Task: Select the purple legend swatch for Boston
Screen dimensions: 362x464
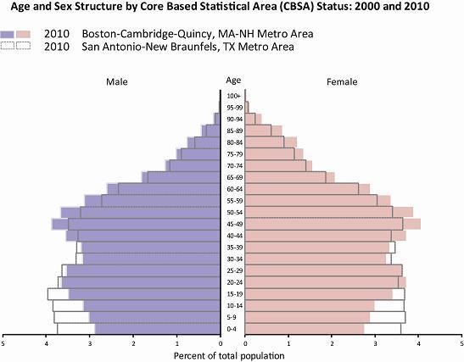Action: tap(19, 34)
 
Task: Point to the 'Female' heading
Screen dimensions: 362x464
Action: tap(341, 81)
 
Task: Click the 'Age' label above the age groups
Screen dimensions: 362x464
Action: tap(233, 81)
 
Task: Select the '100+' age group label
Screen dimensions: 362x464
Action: tap(233, 96)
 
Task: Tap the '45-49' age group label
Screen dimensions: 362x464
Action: tap(233, 224)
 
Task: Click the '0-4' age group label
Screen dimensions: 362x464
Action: tap(233, 328)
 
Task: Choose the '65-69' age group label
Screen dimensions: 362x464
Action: tap(233, 177)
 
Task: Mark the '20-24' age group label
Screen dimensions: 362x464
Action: tap(233, 281)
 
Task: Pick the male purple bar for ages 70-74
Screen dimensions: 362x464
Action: tap(194, 165)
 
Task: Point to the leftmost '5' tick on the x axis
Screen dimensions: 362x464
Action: tap(3, 343)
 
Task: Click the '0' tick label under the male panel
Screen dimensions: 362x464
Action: tap(220, 343)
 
